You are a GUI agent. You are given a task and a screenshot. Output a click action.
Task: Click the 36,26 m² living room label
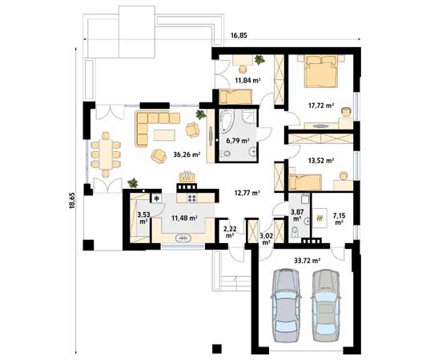[187, 154]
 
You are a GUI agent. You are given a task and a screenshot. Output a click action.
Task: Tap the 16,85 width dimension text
[239, 35]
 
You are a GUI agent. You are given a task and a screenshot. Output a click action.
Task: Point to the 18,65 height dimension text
[72, 201]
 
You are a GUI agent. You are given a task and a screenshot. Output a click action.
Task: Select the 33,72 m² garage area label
[307, 261]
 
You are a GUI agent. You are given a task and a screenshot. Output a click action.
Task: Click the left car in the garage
[284, 305]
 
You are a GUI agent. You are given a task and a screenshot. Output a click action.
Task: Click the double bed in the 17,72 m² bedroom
[320, 71]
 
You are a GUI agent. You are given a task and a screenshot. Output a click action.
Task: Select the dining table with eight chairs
[106, 154]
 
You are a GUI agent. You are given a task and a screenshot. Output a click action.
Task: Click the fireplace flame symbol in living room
[187, 176]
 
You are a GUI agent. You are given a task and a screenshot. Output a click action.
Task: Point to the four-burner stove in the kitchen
[191, 198]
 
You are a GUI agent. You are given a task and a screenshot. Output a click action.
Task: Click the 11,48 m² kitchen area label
[184, 218]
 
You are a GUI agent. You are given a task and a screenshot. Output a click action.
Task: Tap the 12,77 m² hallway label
[247, 193]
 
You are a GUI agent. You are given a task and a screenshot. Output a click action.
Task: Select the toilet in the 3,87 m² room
[295, 232]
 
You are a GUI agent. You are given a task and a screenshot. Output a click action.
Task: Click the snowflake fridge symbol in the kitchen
[157, 198]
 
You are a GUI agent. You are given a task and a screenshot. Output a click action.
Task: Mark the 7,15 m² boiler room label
[340, 219]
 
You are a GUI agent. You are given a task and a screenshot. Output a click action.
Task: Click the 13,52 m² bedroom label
[321, 160]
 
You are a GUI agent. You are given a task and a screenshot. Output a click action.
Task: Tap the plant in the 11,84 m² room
[259, 60]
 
